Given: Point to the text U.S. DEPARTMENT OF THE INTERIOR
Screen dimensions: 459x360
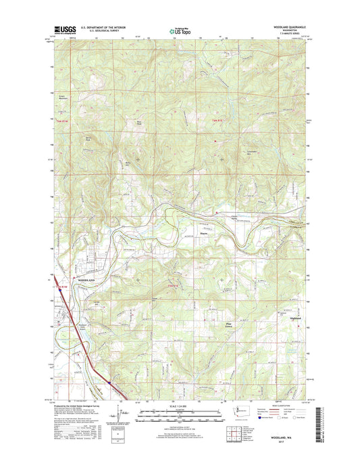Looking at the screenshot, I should click(x=102, y=28).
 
